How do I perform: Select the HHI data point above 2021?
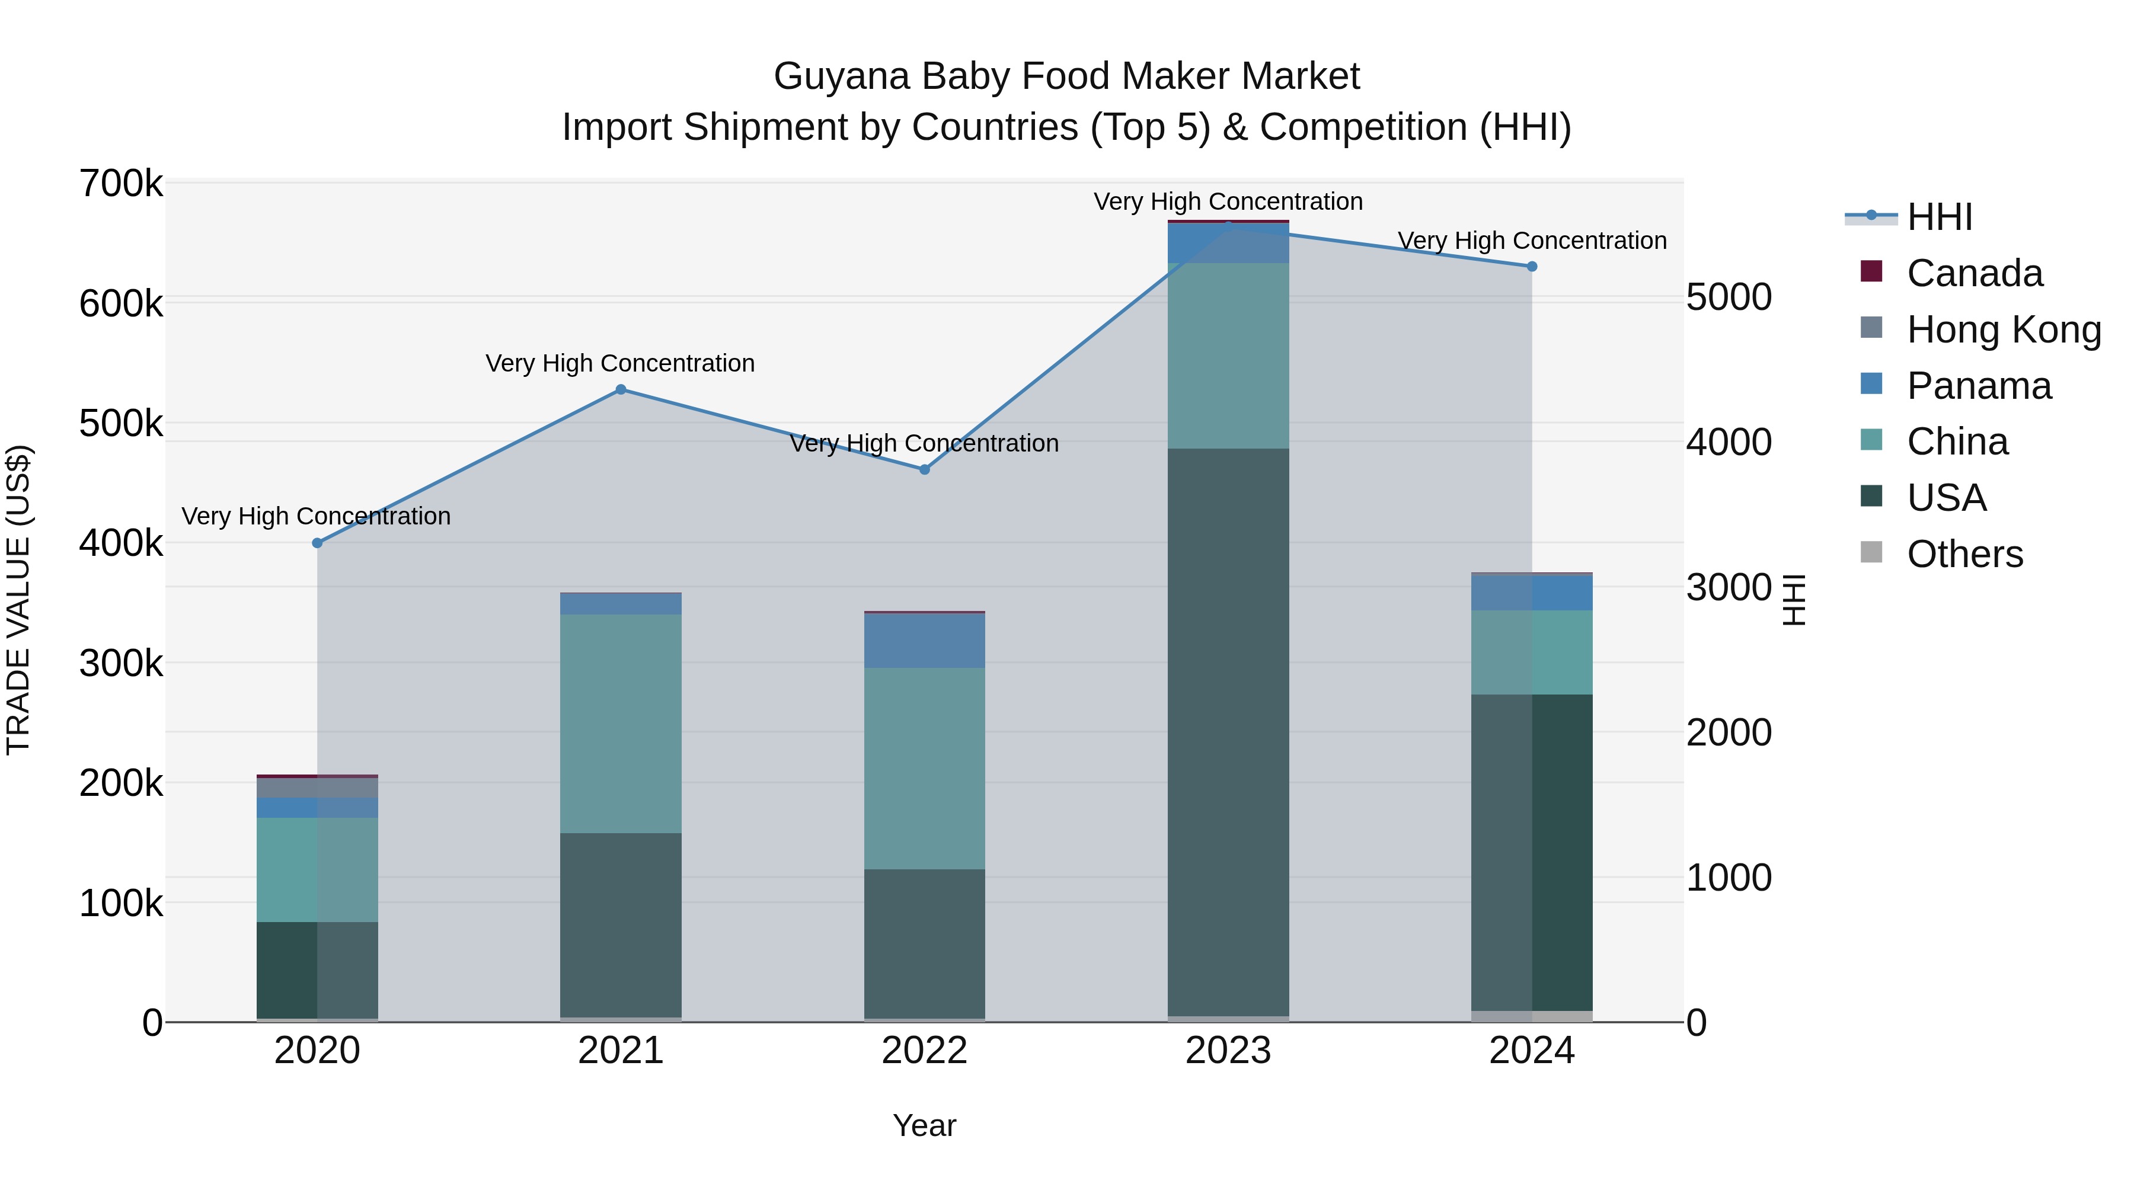coord(621,389)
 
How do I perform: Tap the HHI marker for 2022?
coord(925,469)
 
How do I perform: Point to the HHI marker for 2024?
coord(1532,267)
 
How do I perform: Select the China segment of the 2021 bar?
coord(621,723)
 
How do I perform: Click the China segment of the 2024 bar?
coord(1532,652)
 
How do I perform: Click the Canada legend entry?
coord(1973,273)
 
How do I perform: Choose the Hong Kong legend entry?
coord(2002,329)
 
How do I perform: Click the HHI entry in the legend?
coord(1938,217)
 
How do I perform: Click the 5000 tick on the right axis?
coord(1730,297)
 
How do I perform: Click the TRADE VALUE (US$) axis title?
coord(18,600)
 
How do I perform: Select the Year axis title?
coord(925,1125)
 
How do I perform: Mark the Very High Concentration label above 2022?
coord(925,443)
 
